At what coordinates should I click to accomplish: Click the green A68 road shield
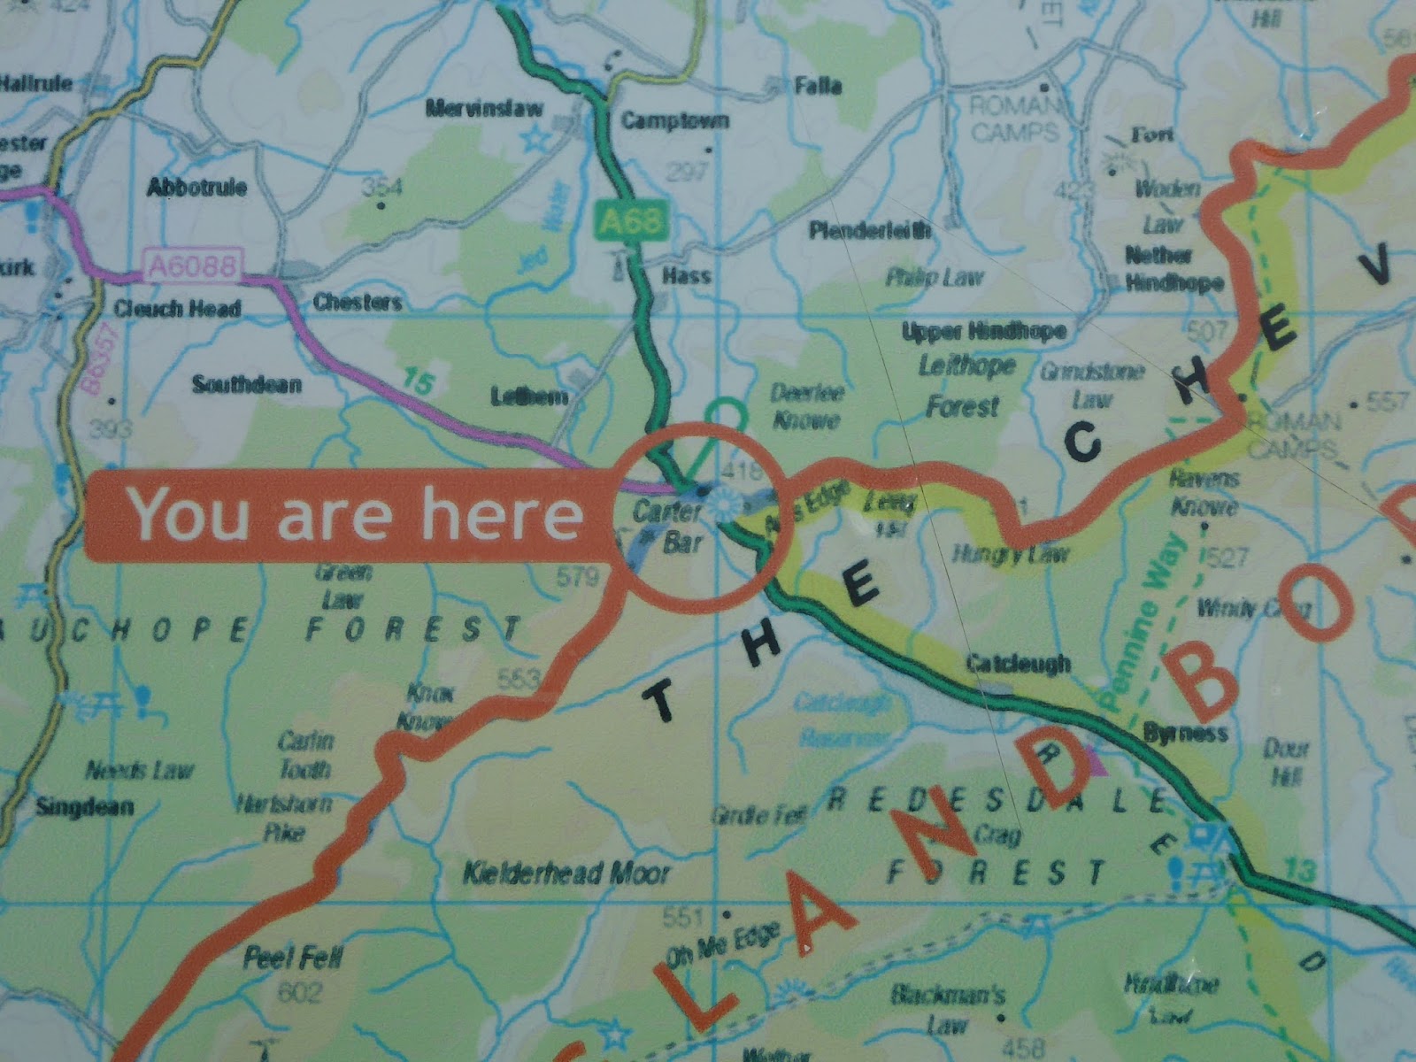[631, 219]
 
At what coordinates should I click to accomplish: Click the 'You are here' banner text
[356, 515]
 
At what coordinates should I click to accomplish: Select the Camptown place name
[674, 120]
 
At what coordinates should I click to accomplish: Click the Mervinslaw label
[483, 109]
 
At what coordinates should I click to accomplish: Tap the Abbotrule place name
[196, 187]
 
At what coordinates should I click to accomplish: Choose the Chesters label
[357, 303]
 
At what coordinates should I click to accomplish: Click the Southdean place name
[247, 384]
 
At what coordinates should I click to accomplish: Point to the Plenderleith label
[870, 231]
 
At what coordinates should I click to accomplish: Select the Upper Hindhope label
[983, 332]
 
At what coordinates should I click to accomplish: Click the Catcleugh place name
[1018, 663]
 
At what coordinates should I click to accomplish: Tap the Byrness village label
[1185, 733]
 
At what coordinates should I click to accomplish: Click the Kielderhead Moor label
[566, 874]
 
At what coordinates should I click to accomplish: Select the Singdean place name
[85, 806]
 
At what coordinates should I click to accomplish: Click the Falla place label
[818, 86]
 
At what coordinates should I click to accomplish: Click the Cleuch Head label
[177, 308]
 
